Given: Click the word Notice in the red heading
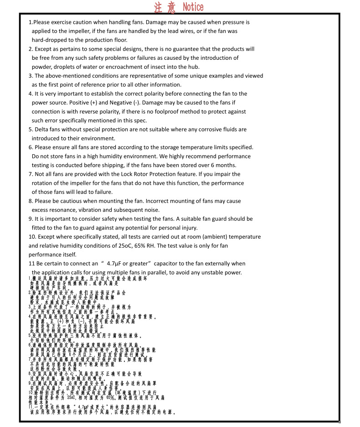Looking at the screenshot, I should click(193, 7).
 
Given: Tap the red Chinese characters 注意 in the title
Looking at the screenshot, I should click(166, 7).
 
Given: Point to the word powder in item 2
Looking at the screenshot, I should click(42, 67).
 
